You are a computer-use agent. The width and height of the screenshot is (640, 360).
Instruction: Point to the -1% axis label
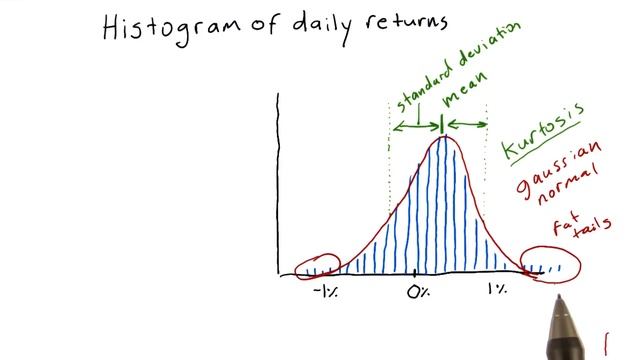point(325,291)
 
